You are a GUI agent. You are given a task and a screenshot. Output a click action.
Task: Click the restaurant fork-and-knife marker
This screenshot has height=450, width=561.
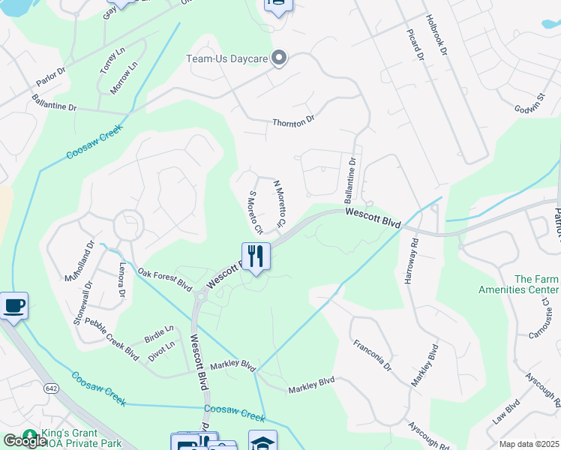click(x=256, y=256)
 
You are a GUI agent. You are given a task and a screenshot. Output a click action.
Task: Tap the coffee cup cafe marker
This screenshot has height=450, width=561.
click(x=14, y=306)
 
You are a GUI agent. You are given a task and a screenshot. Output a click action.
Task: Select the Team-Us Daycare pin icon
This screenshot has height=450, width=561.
click(x=280, y=58)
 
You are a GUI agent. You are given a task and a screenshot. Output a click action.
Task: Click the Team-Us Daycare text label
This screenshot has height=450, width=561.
click(x=226, y=58)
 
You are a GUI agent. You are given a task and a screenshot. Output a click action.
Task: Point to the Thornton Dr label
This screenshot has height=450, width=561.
click(x=293, y=121)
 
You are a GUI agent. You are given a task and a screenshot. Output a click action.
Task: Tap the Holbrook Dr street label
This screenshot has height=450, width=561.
click(x=435, y=35)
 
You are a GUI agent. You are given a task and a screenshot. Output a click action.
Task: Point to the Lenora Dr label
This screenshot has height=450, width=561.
click(x=121, y=278)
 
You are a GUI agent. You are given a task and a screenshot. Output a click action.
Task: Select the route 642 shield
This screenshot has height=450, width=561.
click(x=51, y=388)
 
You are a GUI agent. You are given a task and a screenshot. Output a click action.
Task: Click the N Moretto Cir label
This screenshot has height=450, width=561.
click(x=279, y=203)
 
